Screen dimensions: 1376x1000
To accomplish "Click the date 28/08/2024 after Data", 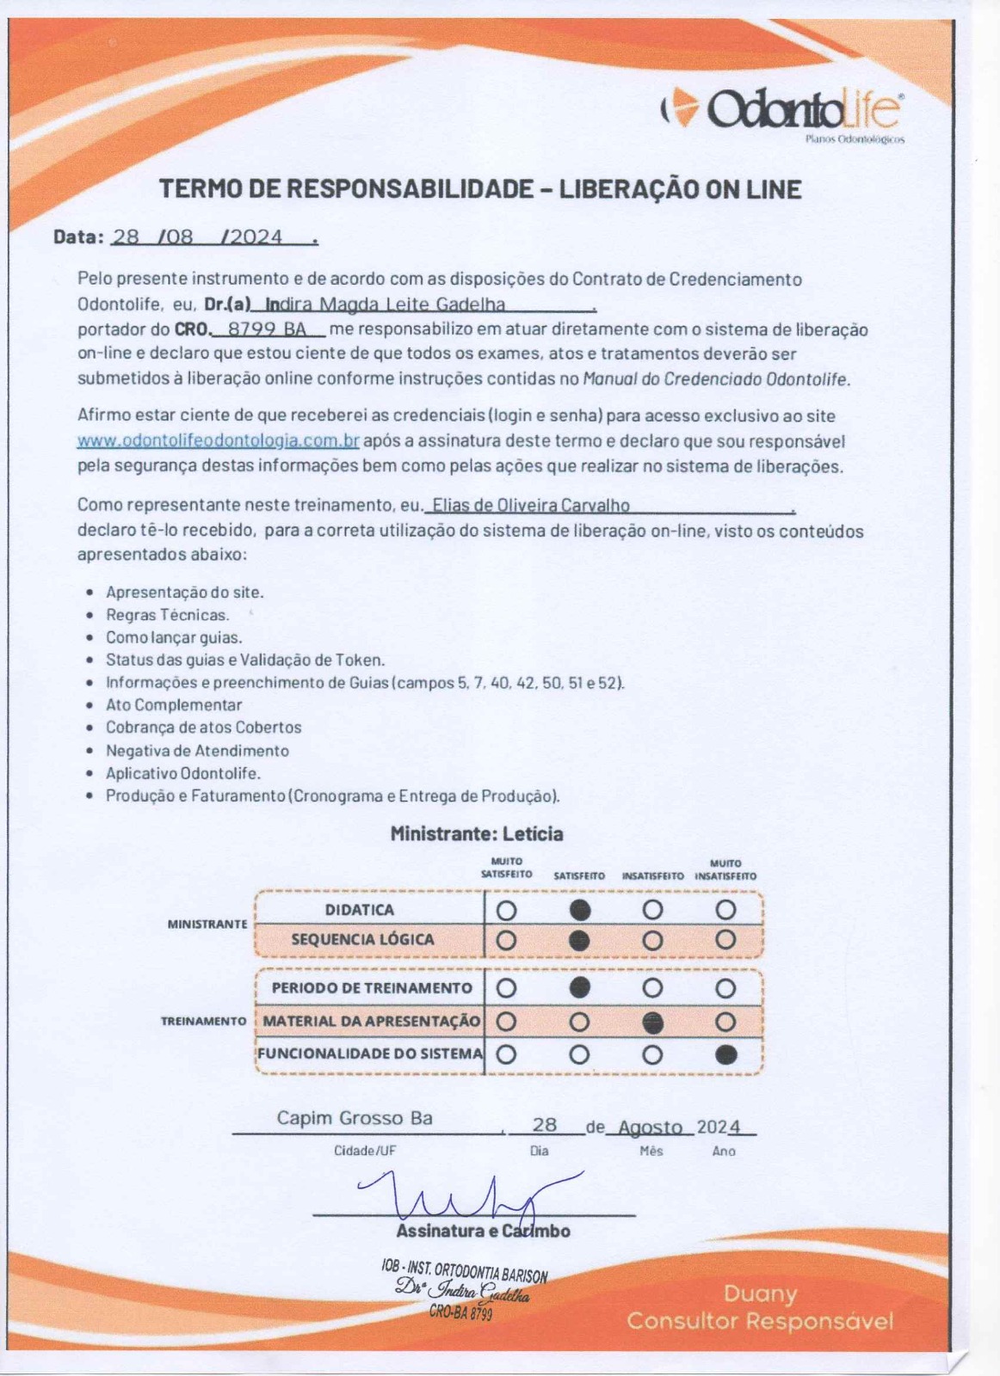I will (198, 237).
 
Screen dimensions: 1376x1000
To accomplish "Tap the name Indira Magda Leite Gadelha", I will (386, 304).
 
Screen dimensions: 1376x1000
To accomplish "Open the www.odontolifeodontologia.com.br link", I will (218, 441).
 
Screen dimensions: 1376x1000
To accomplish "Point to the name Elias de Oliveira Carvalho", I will (530, 506).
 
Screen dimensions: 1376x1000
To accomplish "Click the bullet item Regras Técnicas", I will (167, 615).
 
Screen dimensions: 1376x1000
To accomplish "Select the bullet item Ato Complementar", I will (174, 705).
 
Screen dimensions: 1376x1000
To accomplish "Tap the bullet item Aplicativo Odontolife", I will (182, 773).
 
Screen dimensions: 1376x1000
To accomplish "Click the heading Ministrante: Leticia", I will (477, 833).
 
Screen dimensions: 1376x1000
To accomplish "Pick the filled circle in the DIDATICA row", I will (580, 909).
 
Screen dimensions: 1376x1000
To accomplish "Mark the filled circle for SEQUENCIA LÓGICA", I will (580, 940).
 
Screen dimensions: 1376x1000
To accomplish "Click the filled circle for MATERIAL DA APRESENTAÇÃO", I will (653, 1022).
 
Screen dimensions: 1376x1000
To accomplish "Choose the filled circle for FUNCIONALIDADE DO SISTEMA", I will (725, 1054).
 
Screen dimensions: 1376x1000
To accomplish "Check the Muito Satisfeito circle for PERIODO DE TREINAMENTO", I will (507, 987).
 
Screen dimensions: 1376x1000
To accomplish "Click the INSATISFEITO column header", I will (652, 875).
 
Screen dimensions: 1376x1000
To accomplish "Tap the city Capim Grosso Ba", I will (354, 1118).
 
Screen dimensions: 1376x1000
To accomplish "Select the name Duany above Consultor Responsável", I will (760, 1293).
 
